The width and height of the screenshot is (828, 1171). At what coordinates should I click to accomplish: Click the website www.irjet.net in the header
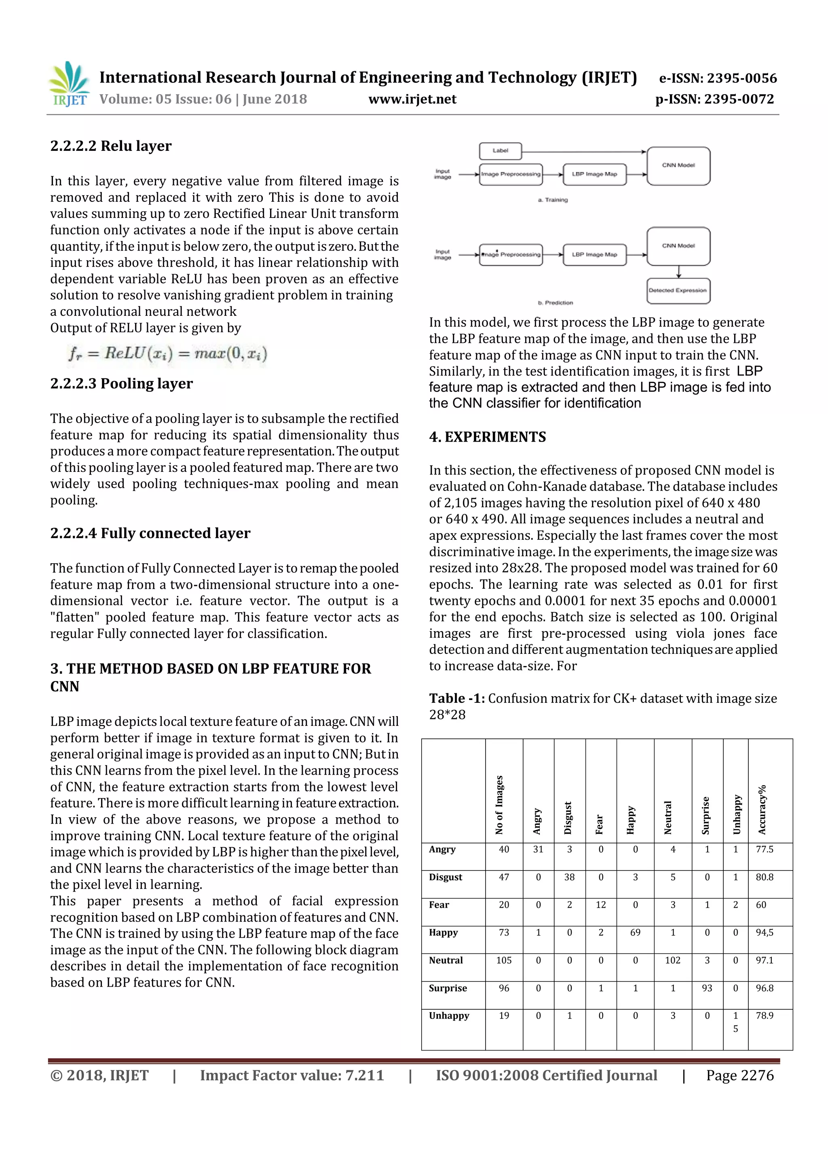click(412, 99)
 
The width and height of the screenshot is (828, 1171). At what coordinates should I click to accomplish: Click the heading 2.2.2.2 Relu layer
click(111, 146)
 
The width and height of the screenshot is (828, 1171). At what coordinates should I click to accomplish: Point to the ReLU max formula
click(167, 353)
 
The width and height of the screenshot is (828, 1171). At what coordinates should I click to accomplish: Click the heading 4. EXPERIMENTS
click(488, 437)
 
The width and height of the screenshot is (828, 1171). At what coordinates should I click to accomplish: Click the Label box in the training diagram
click(500, 151)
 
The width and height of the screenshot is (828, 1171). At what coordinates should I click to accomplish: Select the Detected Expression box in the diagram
click(678, 290)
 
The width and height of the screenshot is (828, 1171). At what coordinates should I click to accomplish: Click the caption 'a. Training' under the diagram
click(553, 200)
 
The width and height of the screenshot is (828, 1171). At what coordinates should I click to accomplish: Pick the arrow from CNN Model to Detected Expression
click(679, 271)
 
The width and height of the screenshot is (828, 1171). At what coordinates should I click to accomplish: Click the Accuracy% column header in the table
click(762, 810)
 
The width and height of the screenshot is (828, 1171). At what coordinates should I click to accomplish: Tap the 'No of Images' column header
click(499, 805)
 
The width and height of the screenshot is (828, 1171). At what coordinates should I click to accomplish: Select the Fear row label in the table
click(439, 905)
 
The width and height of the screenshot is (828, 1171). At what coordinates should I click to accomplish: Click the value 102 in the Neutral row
click(672, 960)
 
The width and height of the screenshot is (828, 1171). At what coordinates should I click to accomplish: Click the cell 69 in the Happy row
click(635, 932)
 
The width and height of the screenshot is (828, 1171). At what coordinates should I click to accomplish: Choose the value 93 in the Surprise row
click(707, 988)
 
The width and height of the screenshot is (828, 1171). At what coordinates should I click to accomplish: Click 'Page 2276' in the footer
click(739, 1075)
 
